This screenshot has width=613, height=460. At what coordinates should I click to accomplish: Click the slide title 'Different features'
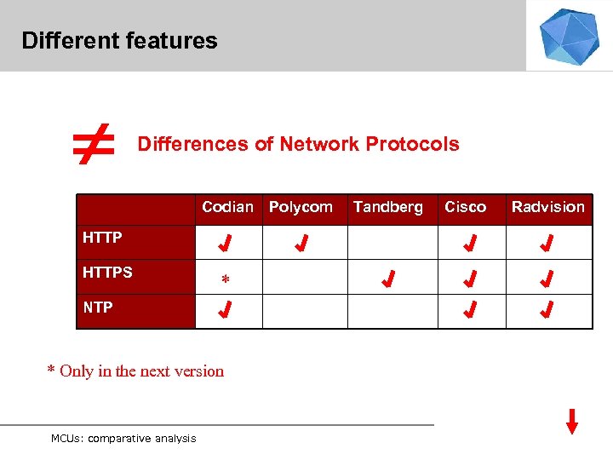(119, 40)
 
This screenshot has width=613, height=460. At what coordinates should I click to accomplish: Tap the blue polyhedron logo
(569, 36)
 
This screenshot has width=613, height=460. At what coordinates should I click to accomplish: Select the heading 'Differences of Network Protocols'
(298, 144)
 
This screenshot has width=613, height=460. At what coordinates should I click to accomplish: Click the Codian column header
(227, 207)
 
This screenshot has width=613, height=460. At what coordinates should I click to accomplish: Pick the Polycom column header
(301, 207)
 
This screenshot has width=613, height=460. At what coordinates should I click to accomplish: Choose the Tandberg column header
(387, 207)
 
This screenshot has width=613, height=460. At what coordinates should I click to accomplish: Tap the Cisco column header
(465, 207)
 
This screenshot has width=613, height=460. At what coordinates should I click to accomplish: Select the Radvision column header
(547, 207)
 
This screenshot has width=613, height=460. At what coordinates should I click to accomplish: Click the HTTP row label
(102, 238)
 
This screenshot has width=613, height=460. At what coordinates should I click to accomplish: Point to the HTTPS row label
(107, 273)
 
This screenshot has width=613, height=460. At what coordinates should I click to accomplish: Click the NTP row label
(98, 308)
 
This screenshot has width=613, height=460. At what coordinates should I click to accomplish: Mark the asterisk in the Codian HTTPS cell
(225, 280)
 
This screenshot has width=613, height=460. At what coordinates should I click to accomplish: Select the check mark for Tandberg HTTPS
(387, 279)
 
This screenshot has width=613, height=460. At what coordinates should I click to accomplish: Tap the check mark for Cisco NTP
(469, 311)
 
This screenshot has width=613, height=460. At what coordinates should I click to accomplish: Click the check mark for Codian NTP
(225, 311)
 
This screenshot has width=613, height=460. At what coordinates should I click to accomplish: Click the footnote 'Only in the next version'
(135, 371)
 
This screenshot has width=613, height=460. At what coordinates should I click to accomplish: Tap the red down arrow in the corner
(572, 421)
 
